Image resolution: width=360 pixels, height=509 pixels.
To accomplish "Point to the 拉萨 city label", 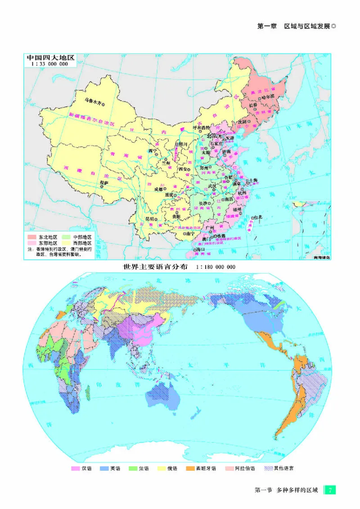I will [x=104, y=183].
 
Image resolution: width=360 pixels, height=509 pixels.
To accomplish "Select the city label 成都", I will [x=159, y=189].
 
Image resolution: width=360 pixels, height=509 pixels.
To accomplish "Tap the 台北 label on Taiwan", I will [x=258, y=217].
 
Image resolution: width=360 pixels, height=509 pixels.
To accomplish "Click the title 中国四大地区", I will [x=49, y=58].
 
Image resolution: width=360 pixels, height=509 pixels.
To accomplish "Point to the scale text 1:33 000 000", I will [x=49, y=64].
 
